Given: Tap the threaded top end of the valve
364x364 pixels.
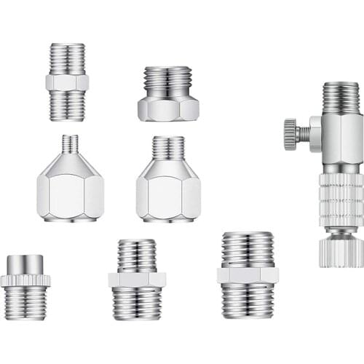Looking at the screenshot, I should pos(341,97).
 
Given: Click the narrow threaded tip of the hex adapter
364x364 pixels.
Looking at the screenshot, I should pos(70,143).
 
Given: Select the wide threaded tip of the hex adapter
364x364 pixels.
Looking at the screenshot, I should pos(168,148).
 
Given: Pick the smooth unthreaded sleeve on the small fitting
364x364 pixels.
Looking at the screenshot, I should pos(25,263).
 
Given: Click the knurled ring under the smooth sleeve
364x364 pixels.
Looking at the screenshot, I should pos(25,280).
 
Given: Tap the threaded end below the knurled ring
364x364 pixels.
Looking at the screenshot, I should pos(25,302).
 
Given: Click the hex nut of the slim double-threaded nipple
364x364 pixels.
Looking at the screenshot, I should pos(67,82).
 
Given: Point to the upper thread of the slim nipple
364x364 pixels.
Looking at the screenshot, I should pos(67,58).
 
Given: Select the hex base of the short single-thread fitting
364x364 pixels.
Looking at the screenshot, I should pos(168,108).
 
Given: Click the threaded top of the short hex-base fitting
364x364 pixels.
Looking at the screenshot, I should pos(168,79).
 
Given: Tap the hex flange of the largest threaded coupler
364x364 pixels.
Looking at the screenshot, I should pos(248,274).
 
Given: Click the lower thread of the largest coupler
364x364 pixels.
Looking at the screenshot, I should pos(248,300).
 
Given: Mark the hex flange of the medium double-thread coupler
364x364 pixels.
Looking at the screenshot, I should pos(137,280).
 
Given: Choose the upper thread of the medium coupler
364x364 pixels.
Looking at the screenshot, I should pos(137,256).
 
